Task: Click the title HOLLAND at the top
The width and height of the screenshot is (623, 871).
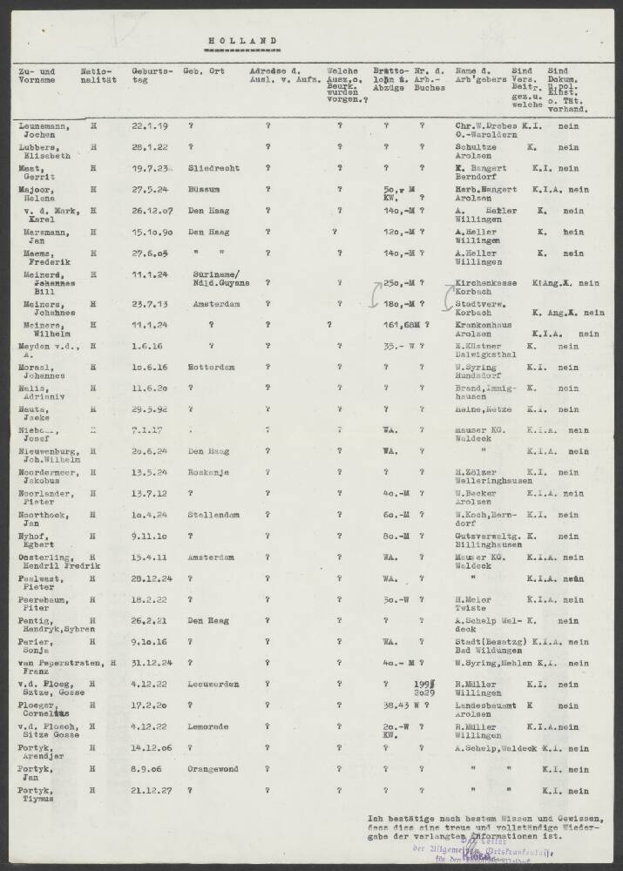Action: tap(244, 40)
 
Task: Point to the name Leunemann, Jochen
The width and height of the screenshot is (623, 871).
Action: tap(44, 131)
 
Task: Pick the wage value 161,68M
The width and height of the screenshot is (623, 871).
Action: tap(400, 327)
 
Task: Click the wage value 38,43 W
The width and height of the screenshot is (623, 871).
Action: tap(403, 707)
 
